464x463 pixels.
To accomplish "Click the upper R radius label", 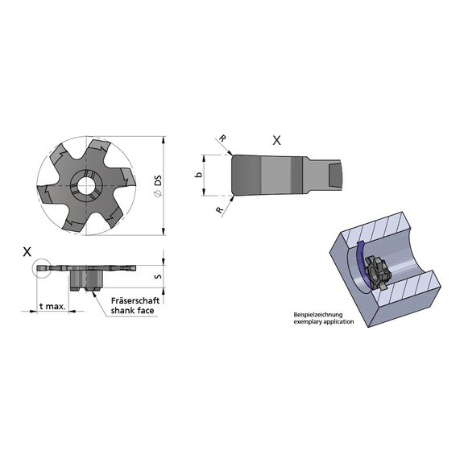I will coord(223,139).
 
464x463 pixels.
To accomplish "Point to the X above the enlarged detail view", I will coord(277,139).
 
